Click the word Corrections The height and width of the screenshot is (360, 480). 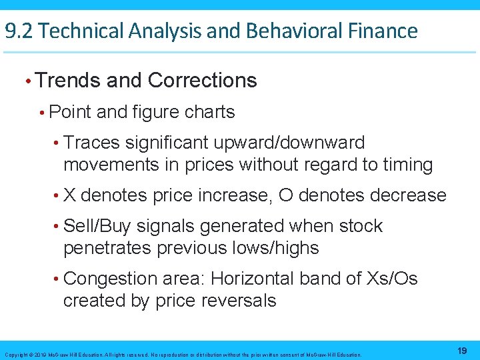click(202, 81)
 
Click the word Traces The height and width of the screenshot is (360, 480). click(93, 143)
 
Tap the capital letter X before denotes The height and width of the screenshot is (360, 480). click(69, 195)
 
